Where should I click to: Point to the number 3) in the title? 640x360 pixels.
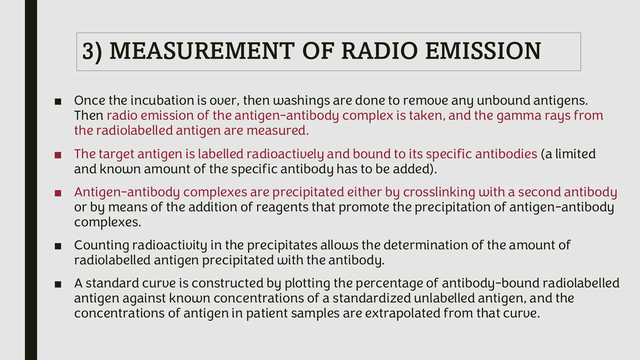point(92,52)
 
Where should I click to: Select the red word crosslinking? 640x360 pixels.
point(439,192)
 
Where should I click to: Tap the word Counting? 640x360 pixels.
point(101,245)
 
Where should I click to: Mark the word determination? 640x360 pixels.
point(425,245)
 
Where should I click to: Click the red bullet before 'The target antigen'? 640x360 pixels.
point(58,155)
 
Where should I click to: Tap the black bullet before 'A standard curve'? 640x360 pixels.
point(58,284)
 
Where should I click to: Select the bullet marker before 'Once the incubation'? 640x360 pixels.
point(58,102)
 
